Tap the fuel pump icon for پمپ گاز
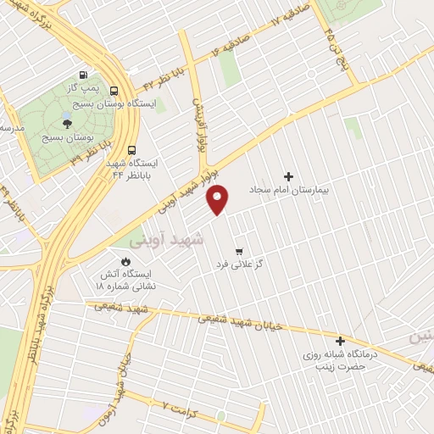[x=82, y=74]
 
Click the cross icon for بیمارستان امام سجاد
[x=289, y=176]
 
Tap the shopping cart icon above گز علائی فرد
[x=240, y=251]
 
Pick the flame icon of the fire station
[x=127, y=260]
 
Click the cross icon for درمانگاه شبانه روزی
[x=340, y=340]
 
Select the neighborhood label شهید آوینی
[x=198, y=240]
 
